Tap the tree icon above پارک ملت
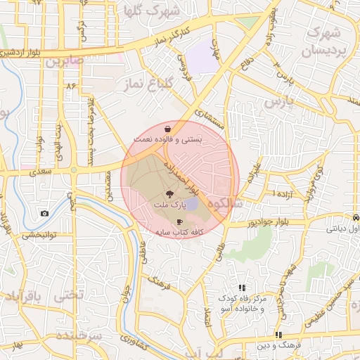pos(169,193)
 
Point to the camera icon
pos(45,213)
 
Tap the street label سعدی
pos(41,172)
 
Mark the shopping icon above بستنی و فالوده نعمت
pos(167,129)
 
